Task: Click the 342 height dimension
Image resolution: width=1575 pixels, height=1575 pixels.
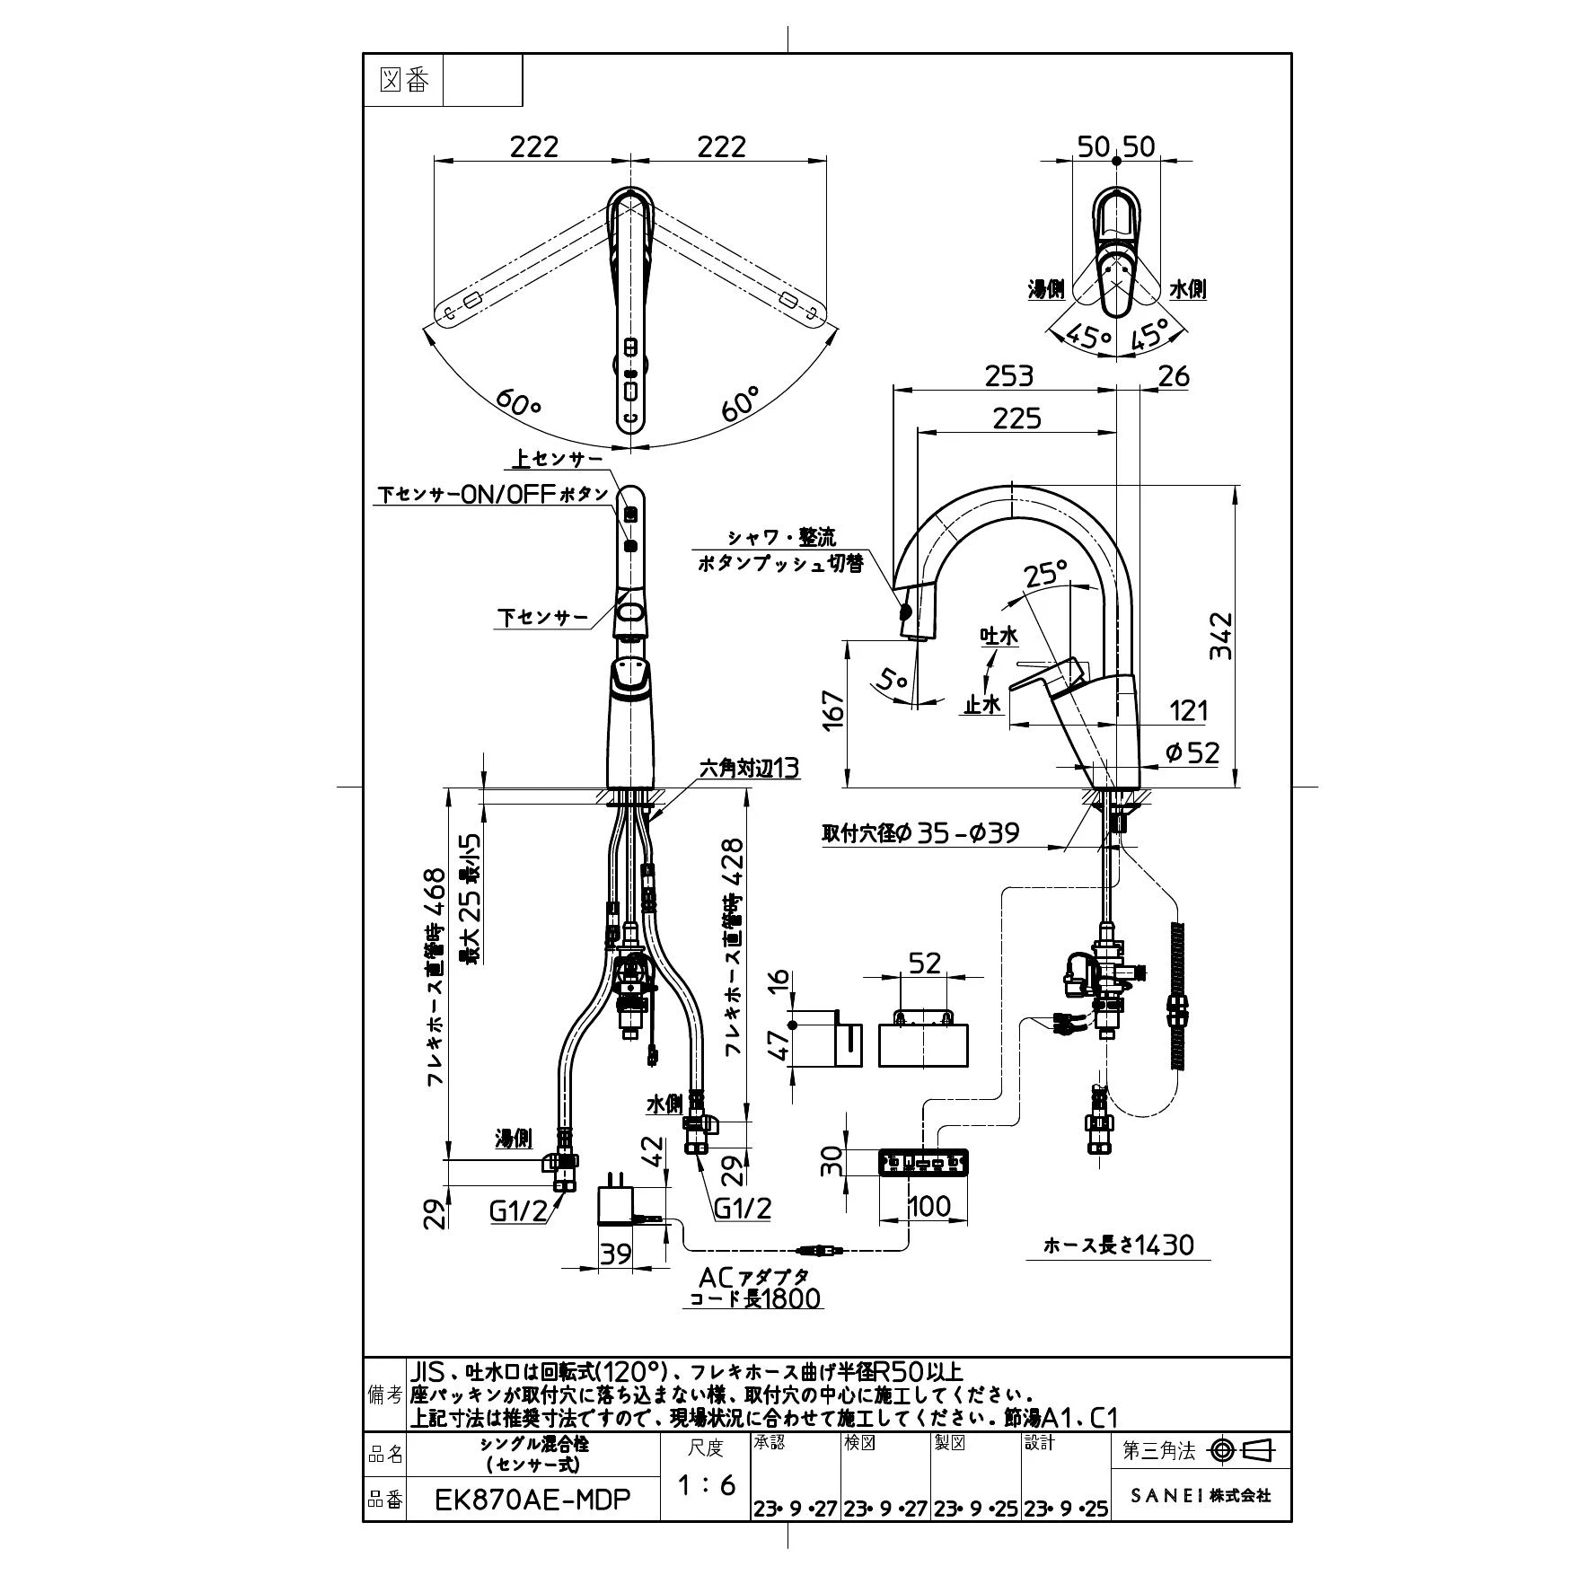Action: [x=1220, y=636]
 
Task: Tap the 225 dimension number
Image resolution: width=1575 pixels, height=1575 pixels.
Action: [x=1016, y=418]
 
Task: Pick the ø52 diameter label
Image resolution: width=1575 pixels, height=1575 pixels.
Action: [x=1192, y=752]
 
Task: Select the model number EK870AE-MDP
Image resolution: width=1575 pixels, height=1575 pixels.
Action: [x=532, y=1499]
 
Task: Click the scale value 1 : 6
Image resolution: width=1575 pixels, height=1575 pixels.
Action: [x=706, y=1484]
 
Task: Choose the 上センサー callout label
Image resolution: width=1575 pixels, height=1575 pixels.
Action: [x=557, y=459]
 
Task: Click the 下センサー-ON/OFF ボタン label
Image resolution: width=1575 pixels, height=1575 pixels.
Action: [x=493, y=495]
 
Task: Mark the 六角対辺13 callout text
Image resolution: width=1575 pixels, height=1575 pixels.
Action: [x=749, y=768]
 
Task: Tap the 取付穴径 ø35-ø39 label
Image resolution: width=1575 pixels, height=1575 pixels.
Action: [x=920, y=833]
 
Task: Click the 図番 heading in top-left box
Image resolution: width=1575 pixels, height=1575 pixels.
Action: [x=404, y=81]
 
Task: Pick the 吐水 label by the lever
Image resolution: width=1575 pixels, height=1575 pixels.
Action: [x=999, y=636]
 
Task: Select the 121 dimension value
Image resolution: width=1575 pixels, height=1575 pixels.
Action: [x=1189, y=710]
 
